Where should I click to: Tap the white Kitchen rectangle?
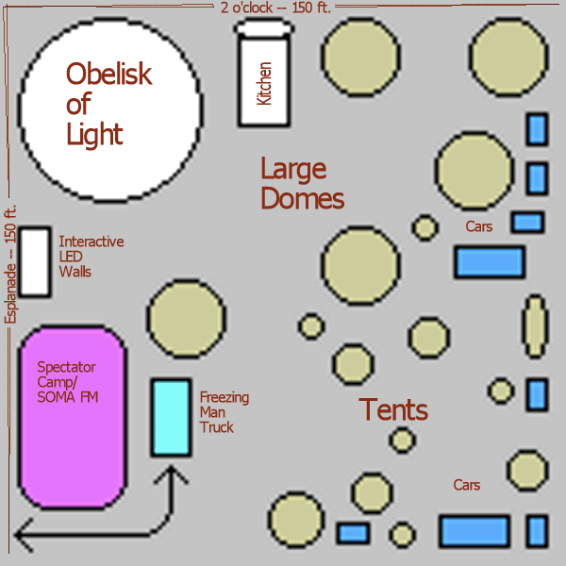coord(263,79)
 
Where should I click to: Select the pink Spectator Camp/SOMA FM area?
coord(72,416)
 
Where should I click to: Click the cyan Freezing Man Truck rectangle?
coord(171,416)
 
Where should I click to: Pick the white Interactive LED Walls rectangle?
coord(35,261)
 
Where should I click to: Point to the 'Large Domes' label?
coord(301,184)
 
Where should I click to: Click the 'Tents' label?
coord(393,410)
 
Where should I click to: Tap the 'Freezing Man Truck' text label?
coord(225,412)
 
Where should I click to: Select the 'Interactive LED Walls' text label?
coord(91,257)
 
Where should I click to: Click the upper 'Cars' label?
coord(479,226)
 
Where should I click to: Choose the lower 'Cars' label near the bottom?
coord(466,485)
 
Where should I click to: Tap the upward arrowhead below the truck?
coord(171,478)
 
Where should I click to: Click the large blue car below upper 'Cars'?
coord(489,261)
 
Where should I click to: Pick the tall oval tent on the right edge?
coord(535,327)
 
